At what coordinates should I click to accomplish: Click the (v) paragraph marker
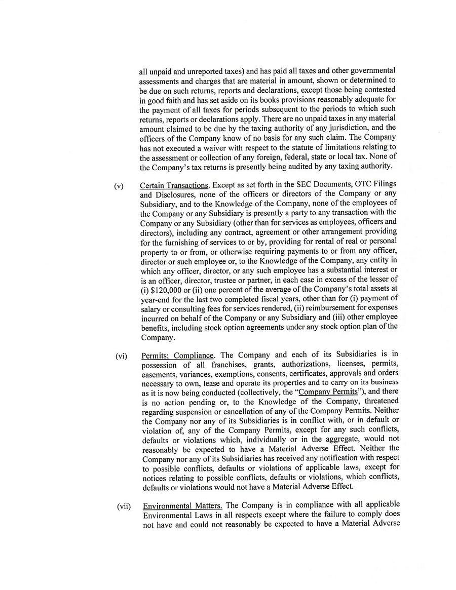tap(119, 186)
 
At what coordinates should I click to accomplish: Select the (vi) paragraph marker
tap(121, 356)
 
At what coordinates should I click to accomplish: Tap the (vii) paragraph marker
tap(124, 506)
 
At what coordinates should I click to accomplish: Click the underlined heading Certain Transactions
tap(174, 185)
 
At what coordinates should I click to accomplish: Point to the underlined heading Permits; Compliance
tap(178, 356)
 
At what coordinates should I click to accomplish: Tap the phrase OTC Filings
tap(377, 185)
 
